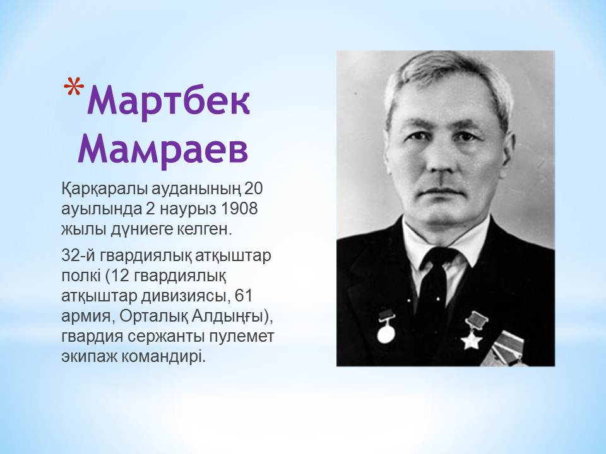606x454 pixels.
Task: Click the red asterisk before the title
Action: click(74, 86)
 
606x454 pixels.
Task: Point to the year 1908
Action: click(239, 209)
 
